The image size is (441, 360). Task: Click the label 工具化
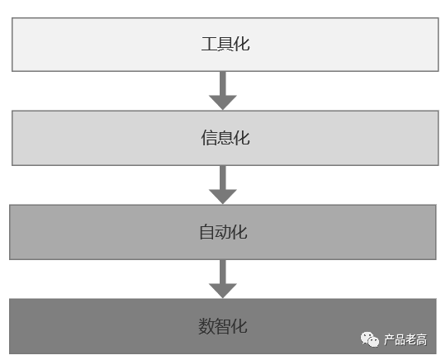coord(225,44)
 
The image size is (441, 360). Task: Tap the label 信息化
coord(225,138)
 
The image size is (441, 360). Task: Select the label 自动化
coord(223,232)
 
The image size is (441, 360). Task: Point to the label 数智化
coord(223,326)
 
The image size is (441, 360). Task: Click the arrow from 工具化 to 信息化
coord(223,91)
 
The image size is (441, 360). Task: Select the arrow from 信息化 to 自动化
coord(223,185)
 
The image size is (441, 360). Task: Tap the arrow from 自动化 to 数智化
coord(223,279)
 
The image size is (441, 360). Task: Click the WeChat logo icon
coord(370,339)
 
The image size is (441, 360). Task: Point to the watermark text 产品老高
coord(405,339)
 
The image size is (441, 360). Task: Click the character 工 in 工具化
coord(209,44)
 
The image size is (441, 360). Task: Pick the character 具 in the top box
coord(225,44)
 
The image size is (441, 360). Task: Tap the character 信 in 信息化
coord(209,138)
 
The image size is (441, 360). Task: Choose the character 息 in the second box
coord(225,138)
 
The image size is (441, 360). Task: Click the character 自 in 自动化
coord(206,232)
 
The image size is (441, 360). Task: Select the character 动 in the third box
coord(223,232)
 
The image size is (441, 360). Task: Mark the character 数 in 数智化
coord(206,326)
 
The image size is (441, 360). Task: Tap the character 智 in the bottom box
coord(223,326)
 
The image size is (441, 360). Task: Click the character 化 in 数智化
coord(239,326)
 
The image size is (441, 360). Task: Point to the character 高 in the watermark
coord(422,339)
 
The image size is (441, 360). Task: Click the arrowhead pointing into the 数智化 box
coord(223,291)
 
